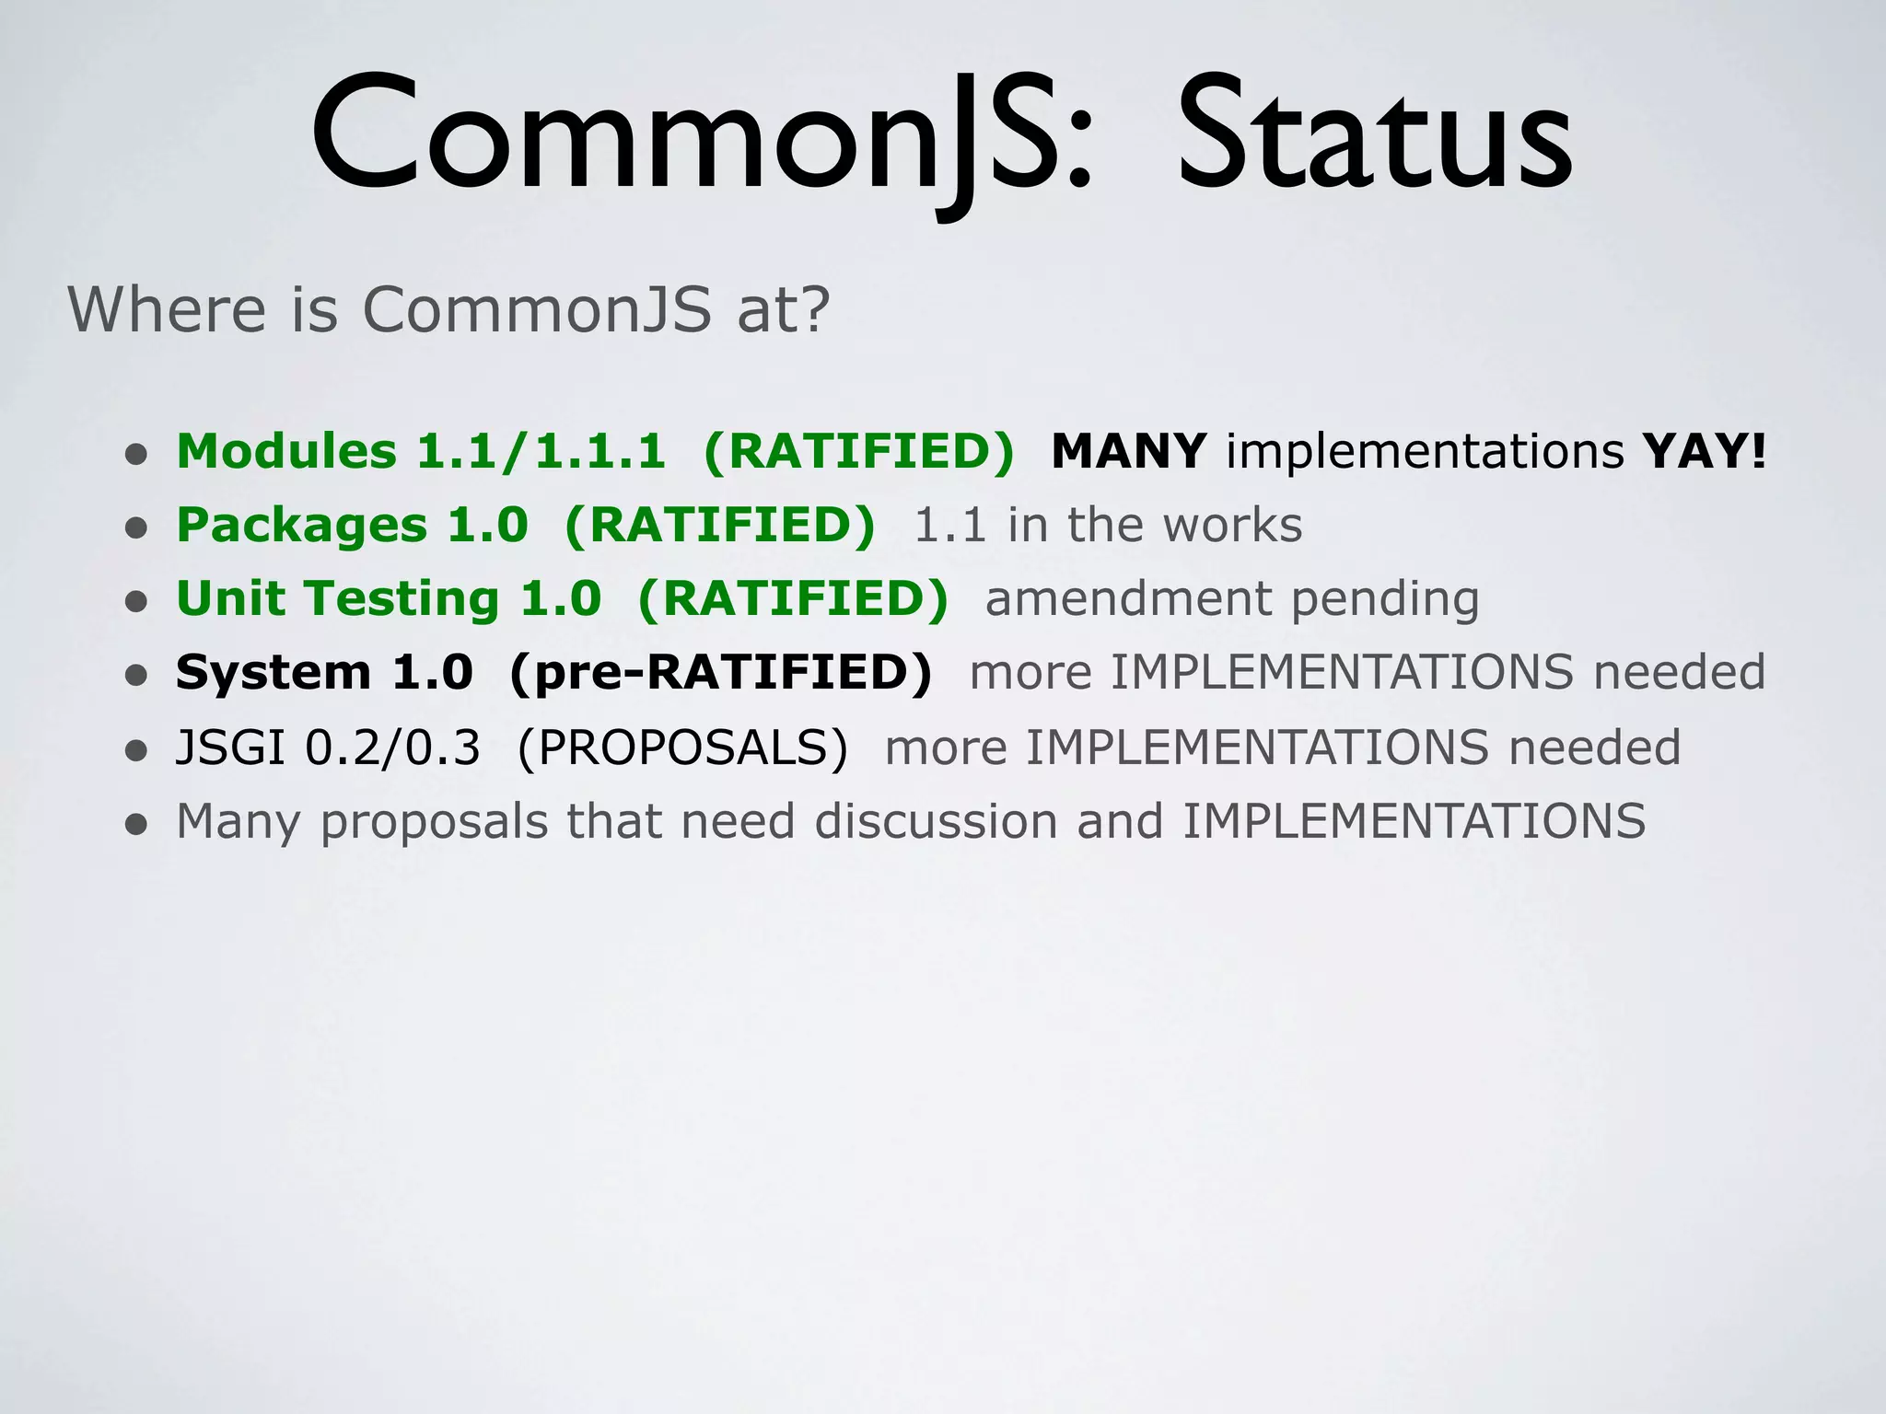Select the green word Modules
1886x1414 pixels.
pos(286,451)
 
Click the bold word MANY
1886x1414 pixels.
pos(1128,451)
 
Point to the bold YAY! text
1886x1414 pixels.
pos(1705,451)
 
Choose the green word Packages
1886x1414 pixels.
pos(301,525)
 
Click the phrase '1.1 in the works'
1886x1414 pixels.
pos(1108,525)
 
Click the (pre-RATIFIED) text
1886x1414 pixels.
pos(720,672)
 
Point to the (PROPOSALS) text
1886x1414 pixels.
pos(682,747)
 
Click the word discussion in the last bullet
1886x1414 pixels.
pos(936,820)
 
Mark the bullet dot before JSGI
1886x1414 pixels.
pos(136,750)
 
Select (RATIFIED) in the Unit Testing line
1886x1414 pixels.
pos(792,598)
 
